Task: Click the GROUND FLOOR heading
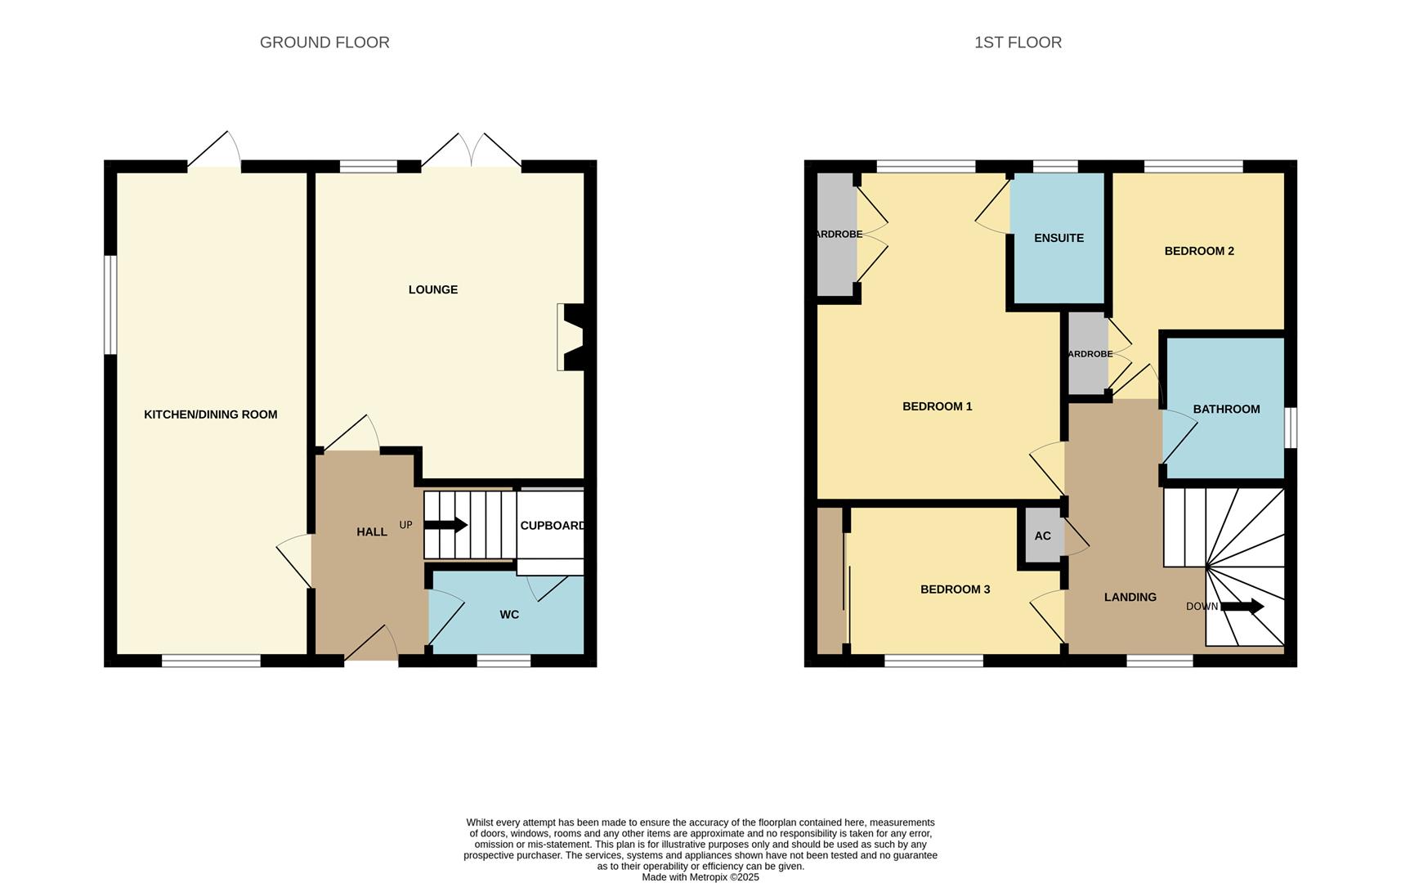click(325, 43)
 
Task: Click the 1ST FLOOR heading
click(1018, 43)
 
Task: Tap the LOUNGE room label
click(433, 289)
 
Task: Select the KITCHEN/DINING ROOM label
click(211, 415)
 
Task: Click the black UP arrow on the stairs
click(445, 525)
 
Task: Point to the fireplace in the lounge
click(572, 337)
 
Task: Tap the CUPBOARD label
click(553, 526)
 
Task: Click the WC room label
click(509, 615)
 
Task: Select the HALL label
click(372, 532)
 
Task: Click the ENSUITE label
click(1059, 238)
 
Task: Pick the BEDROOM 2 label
click(1199, 251)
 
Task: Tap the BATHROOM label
click(1226, 409)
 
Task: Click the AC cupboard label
click(1042, 536)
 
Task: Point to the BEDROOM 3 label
click(955, 589)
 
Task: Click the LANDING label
click(1130, 598)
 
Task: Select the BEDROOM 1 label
click(937, 406)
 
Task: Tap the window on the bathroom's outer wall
click(1291, 428)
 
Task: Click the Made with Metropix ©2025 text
click(700, 877)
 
